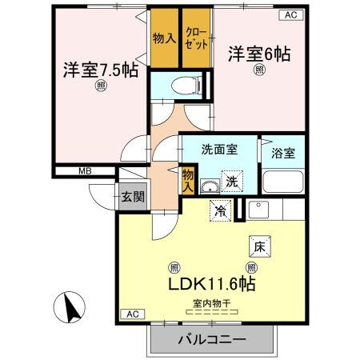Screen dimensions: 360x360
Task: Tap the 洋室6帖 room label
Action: click(259, 54)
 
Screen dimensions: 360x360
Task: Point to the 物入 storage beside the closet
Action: click(164, 38)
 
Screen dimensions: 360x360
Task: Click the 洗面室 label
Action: click(217, 149)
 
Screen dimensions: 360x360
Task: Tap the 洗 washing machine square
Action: click(230, 181)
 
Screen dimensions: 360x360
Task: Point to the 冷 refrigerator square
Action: click(219, 211)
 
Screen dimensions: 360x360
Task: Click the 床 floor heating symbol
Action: click(259, 247)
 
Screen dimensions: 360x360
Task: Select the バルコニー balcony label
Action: click(211, 342)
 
